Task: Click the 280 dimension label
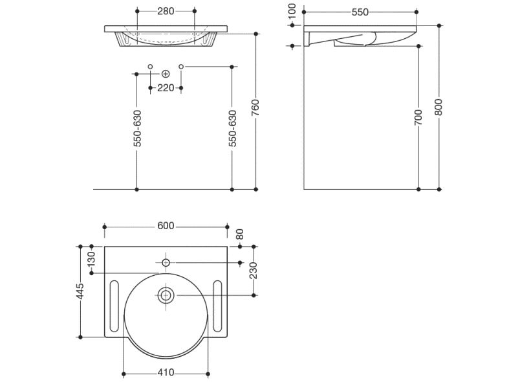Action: pos(166,11)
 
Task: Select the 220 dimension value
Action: pos(166,88)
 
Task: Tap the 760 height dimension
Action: pos(255,107)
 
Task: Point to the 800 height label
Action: pos(439,107)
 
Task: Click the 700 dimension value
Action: pos(418,117)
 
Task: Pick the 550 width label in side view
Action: pos(360,12)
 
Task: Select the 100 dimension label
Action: pos(292,12)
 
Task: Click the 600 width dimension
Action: pos(166,226)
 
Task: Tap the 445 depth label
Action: pos(80,291)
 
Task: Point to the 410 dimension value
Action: pos(166,373)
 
